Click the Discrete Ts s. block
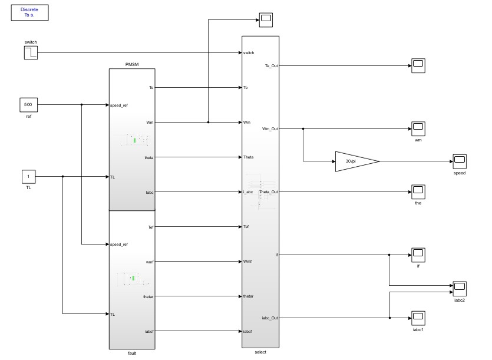click(29, 13)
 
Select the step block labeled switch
click(31, 53)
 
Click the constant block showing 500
click(28, 105)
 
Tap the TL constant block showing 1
click(28, 176)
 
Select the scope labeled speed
click(459, 161)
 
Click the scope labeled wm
click(418, 128)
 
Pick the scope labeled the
click(418, 191)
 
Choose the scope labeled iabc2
click(459, 288)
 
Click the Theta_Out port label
click(268, 191)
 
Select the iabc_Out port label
click(269, 318)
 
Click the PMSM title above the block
click(132, 64)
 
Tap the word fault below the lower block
click(132, 353)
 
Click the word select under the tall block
click(260, 352)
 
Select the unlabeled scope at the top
click(266, 19)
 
